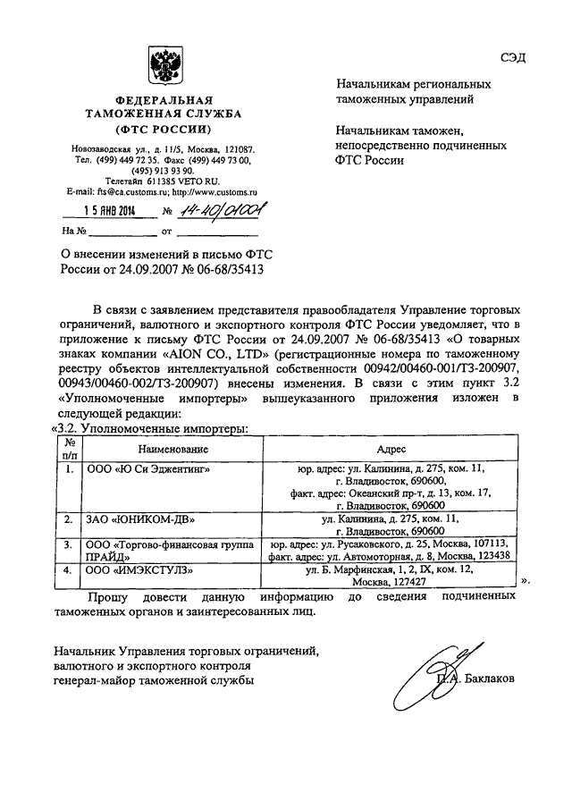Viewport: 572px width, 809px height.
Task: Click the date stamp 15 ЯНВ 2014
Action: (x=106, y=211)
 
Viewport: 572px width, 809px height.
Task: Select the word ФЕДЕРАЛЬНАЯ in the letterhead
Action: (x=162, y=100)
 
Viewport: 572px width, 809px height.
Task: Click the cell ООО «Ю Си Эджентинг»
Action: (x=148, y=468)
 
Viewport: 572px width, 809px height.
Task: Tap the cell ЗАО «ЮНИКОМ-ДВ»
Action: (x=139, y=518)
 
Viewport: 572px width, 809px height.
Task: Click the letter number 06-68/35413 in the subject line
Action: (x=221, y=268)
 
